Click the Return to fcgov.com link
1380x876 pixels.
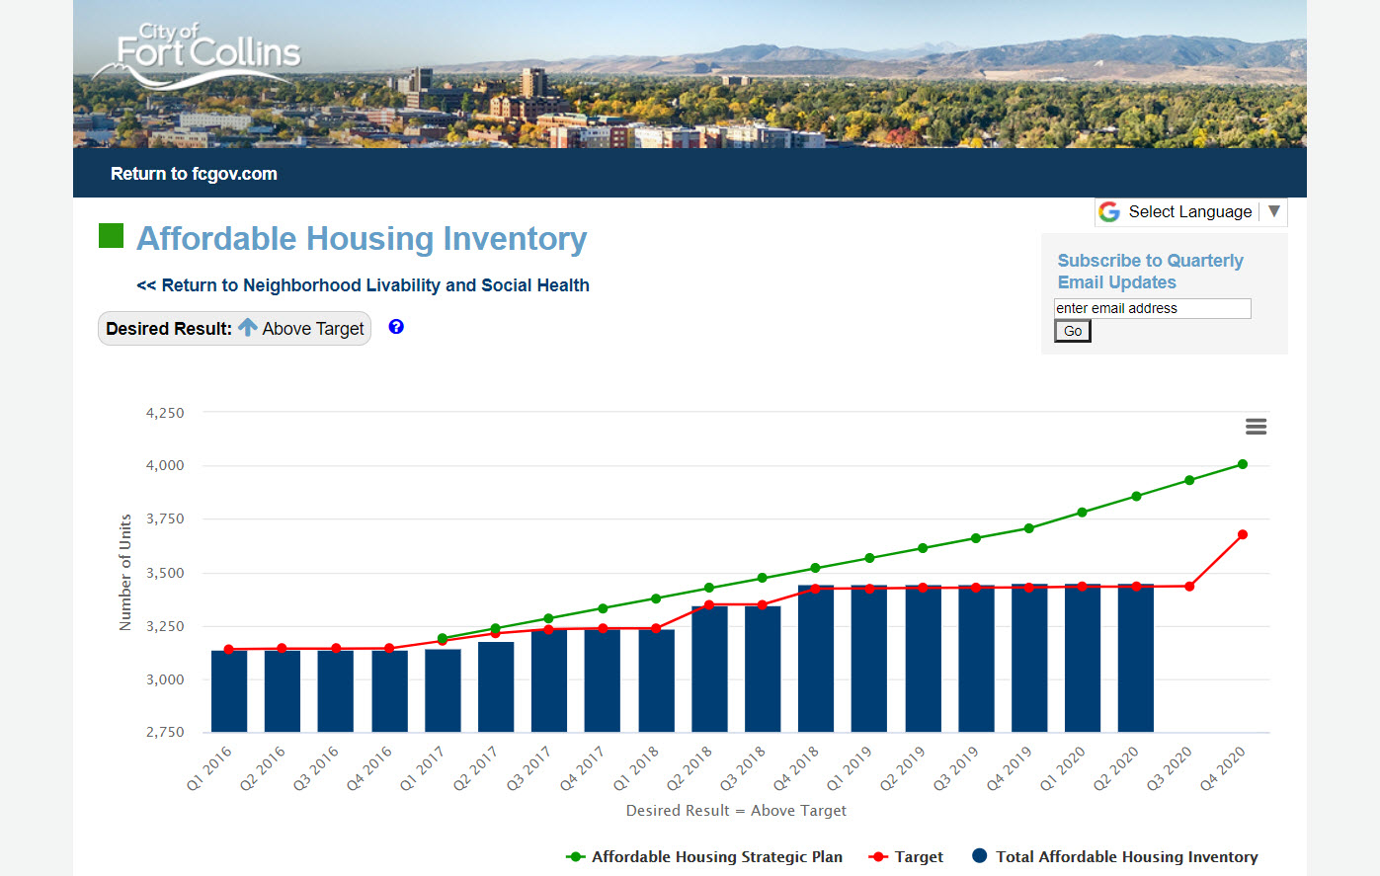pos(194,174)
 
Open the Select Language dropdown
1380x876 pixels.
pos(1190,212)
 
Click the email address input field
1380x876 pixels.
pos(1152,308)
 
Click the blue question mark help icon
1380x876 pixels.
pos(396,327)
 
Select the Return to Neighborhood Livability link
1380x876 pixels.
pos(363,285)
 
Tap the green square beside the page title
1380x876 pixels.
pos(111,236)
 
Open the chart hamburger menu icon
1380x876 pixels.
pos(1256,427)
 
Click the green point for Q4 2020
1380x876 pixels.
pos(1243,464)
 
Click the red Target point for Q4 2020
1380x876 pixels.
pos(1243,534)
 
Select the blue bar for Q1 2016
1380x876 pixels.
pos(229,691)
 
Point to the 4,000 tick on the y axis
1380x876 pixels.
pos(165,465)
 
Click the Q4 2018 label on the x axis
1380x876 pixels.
pos(797,768)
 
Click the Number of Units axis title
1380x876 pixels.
pos(125,572)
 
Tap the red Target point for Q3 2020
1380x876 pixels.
pos(1189,587)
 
